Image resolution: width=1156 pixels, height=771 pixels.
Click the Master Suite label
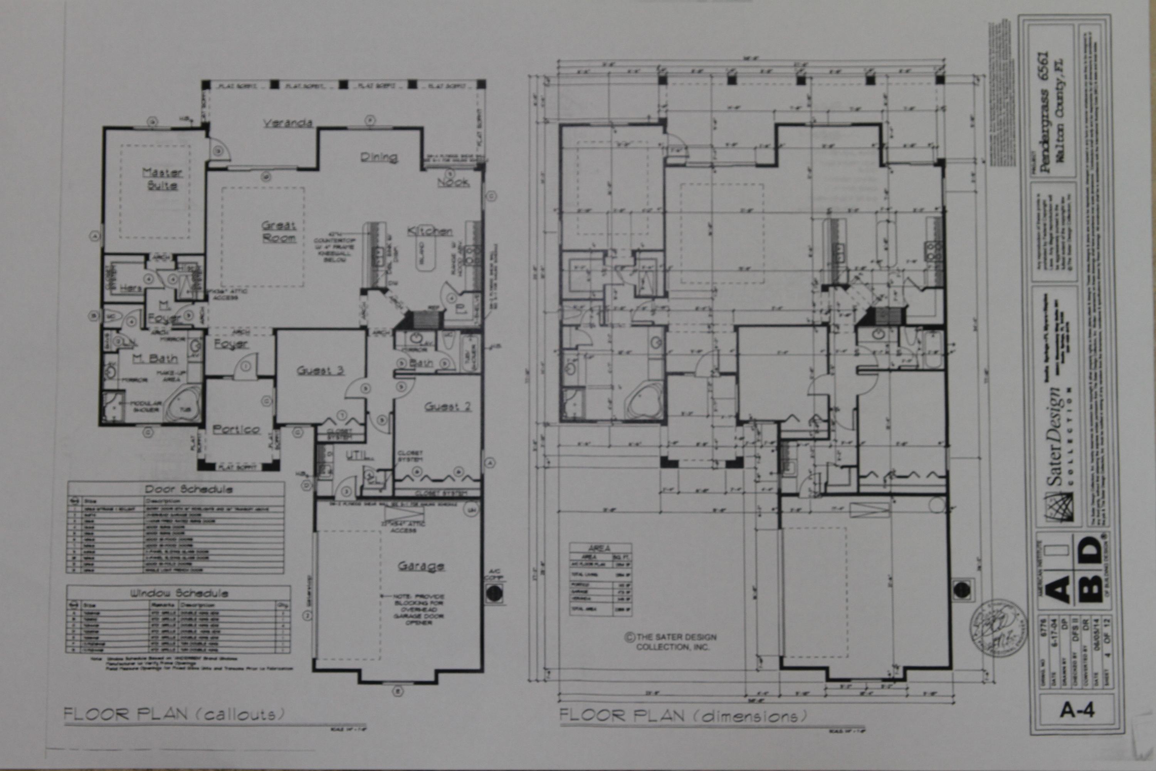[x=162, y=179]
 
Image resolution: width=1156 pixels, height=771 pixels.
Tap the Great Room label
[x=279, y=232]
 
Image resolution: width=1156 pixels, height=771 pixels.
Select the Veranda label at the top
[x=287, y=123]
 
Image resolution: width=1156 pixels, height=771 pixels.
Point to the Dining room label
[x=378, y=157]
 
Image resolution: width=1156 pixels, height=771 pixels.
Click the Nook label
[x=453, y=182]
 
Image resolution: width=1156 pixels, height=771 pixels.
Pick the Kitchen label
[x=430, y=231]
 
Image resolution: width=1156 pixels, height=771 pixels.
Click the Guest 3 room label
[x=320, y=371]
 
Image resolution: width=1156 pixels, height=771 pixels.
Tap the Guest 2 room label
[x=448, y=407]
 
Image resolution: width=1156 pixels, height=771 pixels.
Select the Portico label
[x=237, y=429]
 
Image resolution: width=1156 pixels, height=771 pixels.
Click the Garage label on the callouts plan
[x=421, y=566]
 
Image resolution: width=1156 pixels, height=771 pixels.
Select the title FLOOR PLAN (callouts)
[x=174, y=714]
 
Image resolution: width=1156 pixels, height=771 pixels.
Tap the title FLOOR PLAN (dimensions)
[x=683, y=715]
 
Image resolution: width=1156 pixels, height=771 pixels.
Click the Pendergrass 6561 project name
[x=1046, y=118]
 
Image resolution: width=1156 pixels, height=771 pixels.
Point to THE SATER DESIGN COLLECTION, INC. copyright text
[x=671, y=642]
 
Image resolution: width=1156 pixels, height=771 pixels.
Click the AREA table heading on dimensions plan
[x=600, y=547]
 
